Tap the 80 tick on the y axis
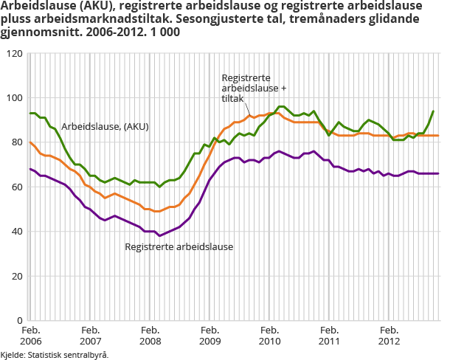click(x=14, y=142)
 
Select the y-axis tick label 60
click(x=14, y=187)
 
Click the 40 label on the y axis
click(x=14, y=232)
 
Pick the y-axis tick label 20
click(x=14, y=276)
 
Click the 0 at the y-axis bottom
click(x=17, y=321)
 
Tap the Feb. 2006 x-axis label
click(x=30, y=336)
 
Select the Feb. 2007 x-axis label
click(x=90, y=336)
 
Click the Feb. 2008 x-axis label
click(x=150, y=336)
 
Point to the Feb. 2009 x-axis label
click(x=210, y=336)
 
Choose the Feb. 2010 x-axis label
click(x=269, y=336)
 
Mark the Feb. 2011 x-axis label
click(x=329, y=336)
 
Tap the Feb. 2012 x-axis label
click(x=389, y=336)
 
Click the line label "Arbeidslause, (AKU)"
click(x=105, y=126)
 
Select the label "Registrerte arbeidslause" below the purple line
click(x=179, y=246)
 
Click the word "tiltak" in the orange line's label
click(x=235, y=99)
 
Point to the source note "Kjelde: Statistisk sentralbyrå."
click(x=55, y=355)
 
